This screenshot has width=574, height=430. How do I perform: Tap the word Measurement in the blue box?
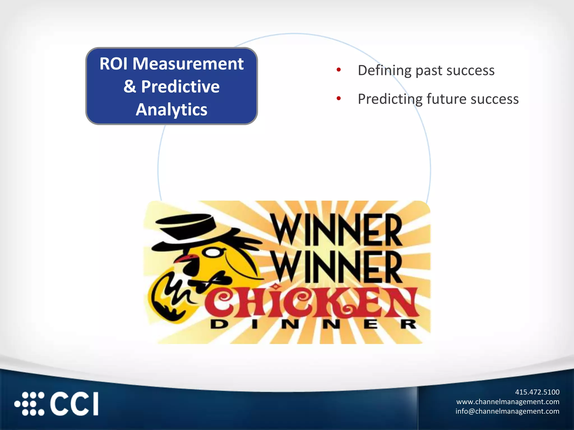[x=188, y=64]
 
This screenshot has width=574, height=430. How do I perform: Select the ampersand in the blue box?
[x=130, y=87]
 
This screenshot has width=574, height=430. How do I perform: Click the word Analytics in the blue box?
[x=172, y=109]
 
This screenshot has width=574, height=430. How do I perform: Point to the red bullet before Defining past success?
[x=339, y=70]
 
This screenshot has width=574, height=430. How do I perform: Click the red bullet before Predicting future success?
[x=339, y=98]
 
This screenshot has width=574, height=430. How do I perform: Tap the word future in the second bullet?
[x=446, y=99]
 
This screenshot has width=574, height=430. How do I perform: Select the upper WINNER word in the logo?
[x=337, y=230]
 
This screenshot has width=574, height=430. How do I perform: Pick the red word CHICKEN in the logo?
[x=311, y=302]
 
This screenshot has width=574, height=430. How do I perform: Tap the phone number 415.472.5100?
[x=537, y=392]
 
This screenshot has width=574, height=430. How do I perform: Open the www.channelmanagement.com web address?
[x=508, y=402]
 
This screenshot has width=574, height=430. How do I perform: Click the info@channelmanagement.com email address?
[x=507, y=411]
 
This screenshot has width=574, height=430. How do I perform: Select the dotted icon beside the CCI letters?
[x=30, y=404]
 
